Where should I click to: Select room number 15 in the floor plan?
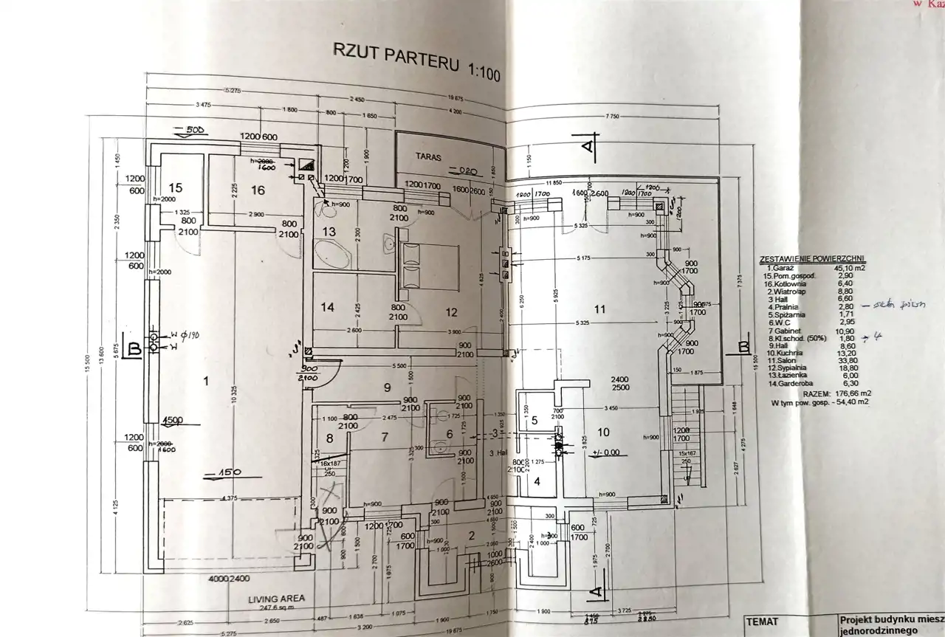pos(175,188)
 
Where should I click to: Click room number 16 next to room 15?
pos(257,190)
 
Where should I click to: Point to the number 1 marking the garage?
pos(207,381)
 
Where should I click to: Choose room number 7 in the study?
pos(384,437)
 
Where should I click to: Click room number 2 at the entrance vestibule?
pos(471,536)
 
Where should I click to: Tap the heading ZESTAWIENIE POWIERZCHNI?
pos(812,260)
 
